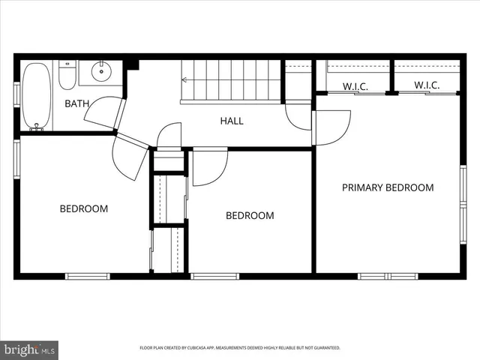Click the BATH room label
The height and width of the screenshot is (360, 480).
coord(76,103)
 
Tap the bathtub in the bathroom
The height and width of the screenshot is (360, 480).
coord(35,96)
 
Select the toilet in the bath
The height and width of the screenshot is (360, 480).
coord(67,74)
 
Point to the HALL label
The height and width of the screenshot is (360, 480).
coord(231,121)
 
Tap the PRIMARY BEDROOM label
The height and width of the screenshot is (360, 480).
coord(388,187)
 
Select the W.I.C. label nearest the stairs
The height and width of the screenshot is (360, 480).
coord(355,86)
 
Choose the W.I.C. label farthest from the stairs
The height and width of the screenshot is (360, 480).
coord(426,86)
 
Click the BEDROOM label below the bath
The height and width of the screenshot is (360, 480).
coord(84,208)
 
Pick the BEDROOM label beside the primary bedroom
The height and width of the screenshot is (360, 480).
coord(250,215)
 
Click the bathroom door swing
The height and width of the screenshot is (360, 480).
coord(103,112)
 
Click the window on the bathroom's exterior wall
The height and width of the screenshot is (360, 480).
coord(16,94)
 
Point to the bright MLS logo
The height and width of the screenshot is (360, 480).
coord(29,349)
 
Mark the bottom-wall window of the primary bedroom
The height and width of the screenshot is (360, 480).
coord(388,276)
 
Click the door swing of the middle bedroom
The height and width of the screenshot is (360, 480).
coord(208,168)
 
